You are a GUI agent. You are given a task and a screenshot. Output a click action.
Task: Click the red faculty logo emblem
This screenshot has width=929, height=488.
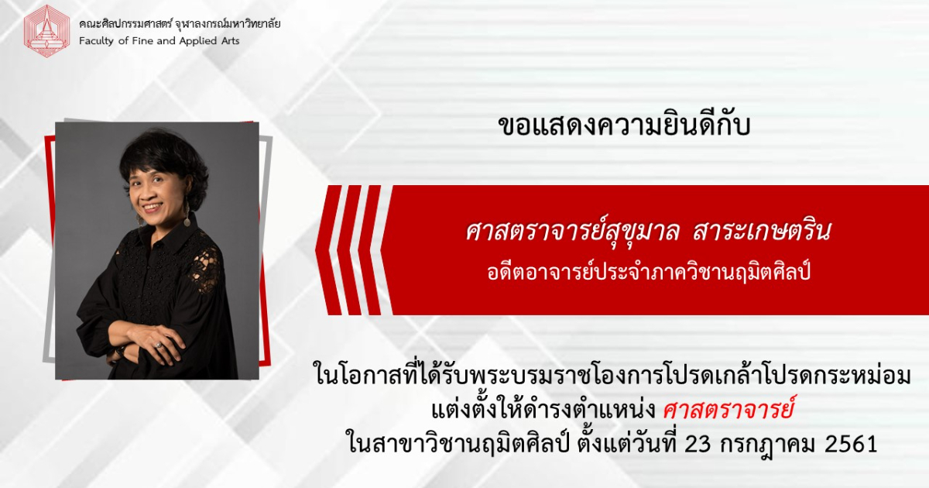[47, 31]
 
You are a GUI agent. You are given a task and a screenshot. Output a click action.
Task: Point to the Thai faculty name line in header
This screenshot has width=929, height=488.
[180, 24]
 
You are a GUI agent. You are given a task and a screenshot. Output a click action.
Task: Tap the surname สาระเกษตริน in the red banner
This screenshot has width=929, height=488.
[762, 231]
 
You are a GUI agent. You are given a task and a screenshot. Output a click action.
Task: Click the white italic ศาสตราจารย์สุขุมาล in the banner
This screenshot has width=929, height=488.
[573, 231]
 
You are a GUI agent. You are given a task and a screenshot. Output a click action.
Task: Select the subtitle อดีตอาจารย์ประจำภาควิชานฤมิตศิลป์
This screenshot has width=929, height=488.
[649, 273]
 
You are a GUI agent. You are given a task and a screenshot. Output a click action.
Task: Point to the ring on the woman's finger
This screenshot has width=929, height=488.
[158, 345]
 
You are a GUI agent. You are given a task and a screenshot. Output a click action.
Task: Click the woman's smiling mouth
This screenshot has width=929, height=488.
[152, 206]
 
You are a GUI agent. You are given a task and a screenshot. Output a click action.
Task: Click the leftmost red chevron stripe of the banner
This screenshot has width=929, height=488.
[328, 250]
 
